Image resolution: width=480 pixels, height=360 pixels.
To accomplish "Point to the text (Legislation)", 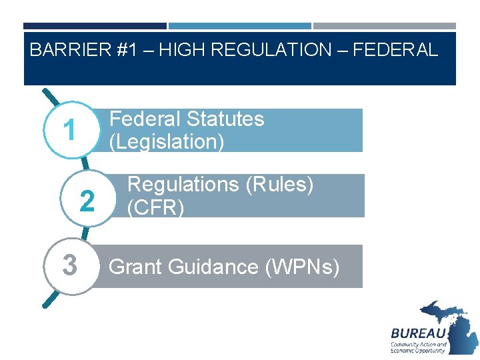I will [167, 141].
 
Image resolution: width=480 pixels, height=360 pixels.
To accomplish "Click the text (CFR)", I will [155, 207].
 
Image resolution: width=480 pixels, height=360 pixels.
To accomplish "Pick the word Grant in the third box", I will [135, 267].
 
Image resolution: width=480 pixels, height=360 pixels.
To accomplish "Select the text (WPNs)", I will [303, 267].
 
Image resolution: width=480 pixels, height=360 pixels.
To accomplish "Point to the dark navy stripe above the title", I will [95, 26].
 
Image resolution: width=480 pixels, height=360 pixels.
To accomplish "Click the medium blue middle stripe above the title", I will [240, 26].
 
